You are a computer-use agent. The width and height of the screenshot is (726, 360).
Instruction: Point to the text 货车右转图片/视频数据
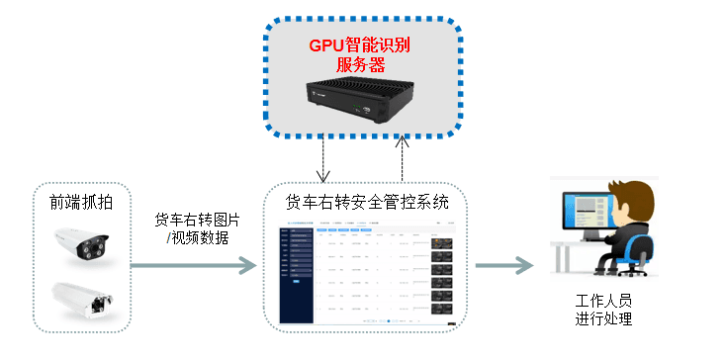[198, 227]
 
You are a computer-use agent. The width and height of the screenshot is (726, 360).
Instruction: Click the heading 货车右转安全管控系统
[367, 203]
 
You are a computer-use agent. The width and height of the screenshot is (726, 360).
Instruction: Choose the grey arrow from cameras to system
[192, 265]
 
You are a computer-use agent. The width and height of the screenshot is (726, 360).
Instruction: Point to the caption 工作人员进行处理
[602, 310]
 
